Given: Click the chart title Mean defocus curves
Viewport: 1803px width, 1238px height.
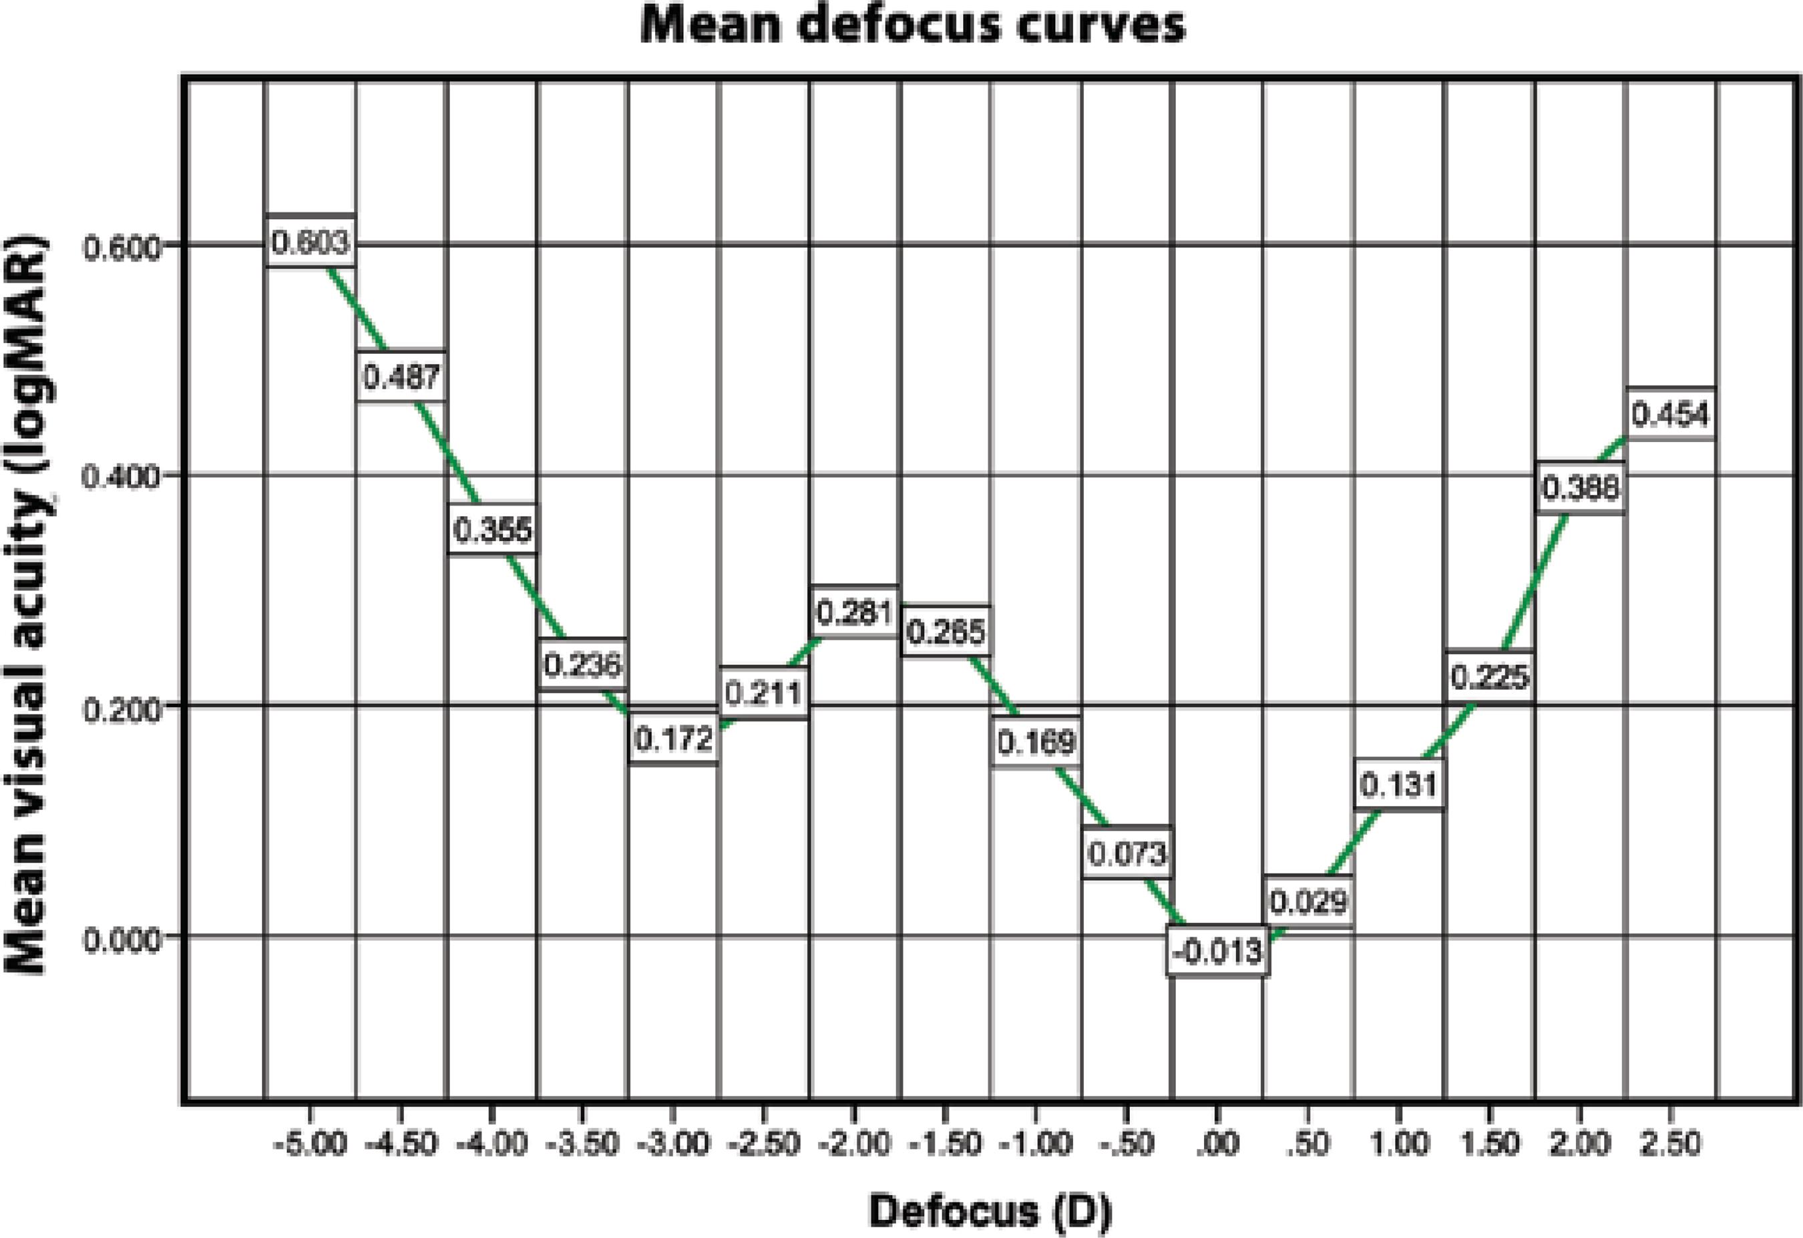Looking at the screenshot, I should pos(912,25).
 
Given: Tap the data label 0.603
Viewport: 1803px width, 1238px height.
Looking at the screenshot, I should pos(311,242).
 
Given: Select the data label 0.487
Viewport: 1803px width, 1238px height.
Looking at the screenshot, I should pos(401,377).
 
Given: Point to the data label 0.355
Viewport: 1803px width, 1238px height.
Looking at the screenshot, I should pos(493,530).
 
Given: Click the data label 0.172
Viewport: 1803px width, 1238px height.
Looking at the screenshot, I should pos(673,739).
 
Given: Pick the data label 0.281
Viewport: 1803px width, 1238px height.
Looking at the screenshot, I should pos(855,613).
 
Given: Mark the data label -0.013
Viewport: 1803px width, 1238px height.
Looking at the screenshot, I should pos(1217,951).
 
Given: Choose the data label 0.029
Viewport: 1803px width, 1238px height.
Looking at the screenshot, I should pos(1309,902).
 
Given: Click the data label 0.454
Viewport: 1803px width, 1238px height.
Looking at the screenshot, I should pos(1670,414).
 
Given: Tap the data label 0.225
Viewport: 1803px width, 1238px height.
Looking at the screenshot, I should pos(1490,677).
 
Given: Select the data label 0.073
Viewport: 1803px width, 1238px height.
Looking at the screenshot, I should pos(1127,854).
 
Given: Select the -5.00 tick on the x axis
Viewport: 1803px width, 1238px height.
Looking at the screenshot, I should pos(310,1144).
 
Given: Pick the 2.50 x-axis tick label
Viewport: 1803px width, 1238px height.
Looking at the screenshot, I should pos(1670,1144).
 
